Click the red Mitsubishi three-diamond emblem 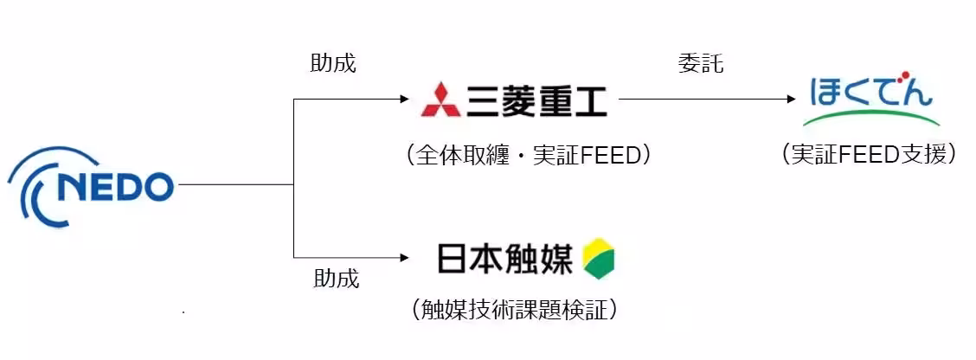pyautogui.click(x=440, y=100)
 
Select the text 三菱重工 pyautogui.click(x=536, y=100)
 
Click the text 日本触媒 pyautogui.click(x=504, y=258)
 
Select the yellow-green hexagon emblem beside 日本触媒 pyautogui.click(x=599, y=258)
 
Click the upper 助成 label pyautogui.click(x=333, y=64)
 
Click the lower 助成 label pyautogui.click(x=336, y=279)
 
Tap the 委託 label pyautogui.click(x=700, y=64)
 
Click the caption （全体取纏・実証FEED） pyautogui.click(x=527, y=155)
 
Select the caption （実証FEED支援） pyautogui.click(x=869, y=154)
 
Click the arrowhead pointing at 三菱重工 pyautogui.click(x=404, y=100)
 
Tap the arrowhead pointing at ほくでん pyautogui.click(x=790, y=100)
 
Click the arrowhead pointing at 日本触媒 pyautogui.click(x=404, y=258)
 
